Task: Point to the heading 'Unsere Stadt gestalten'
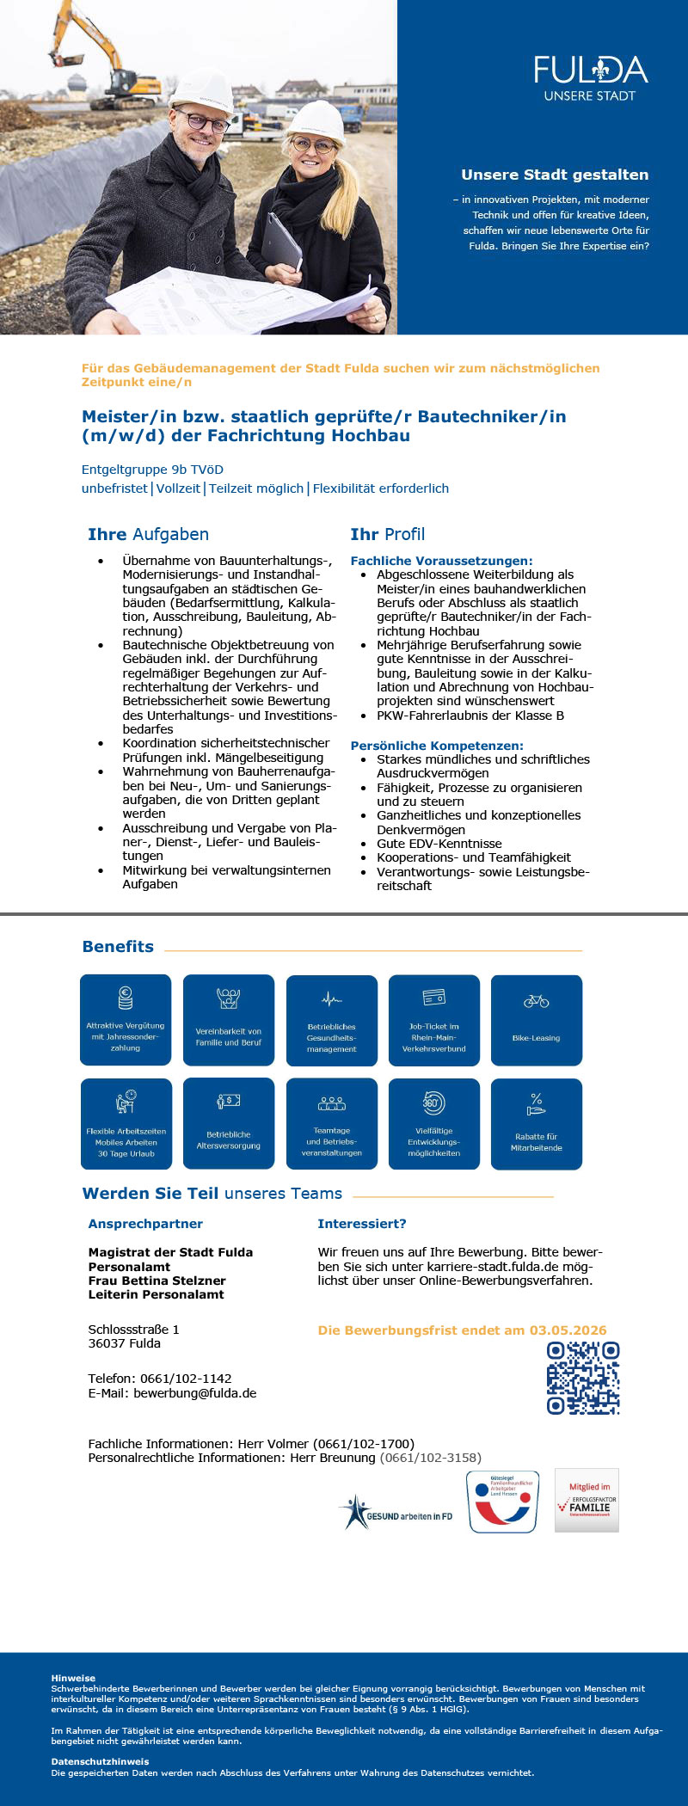coord(555,175)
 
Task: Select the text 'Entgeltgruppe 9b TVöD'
coord(152,470)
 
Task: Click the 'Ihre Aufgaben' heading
coord(148,534)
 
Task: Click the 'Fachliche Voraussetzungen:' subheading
coord(441,561)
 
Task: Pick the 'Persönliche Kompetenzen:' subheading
coord(437,746)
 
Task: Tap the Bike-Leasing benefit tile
coord(536,1020)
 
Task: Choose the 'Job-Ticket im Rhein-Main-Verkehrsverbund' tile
coord(433,1020)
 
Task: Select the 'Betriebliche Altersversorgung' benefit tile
coord(229,1123)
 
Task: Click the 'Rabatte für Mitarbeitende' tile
coord(536,1124)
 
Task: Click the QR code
coord(583,1378)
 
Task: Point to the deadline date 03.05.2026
coord(568,1330)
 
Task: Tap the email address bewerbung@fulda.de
coord(194,1393)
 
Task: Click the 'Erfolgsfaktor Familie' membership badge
coord(587,1501)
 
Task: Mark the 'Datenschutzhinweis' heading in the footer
coord(100,1761)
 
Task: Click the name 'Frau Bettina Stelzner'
coord(157,1281)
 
